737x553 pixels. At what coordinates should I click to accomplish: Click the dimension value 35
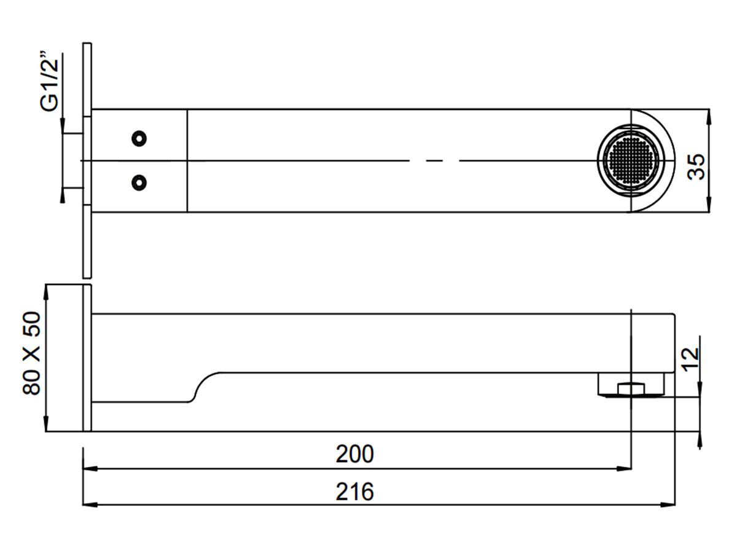pyautogui.click(x=696, y=166)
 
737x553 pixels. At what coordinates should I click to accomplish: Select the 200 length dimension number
pyautogui.click(x=354, y=455)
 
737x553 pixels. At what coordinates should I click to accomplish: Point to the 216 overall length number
pyautogui.click(x=354, y=492)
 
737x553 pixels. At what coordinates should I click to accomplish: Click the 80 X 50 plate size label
pyautogui.click(x=31, y=353)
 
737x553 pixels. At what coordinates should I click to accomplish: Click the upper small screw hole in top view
pyautogui.click(x=140, y=138)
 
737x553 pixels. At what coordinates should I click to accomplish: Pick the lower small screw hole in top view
pyautogui.click(x=140, y=182)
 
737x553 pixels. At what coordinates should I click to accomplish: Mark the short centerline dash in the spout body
pyautogui.click(x=434, y=161)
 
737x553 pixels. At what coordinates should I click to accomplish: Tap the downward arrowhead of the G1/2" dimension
pyautogui.click(x=63, y=127)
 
